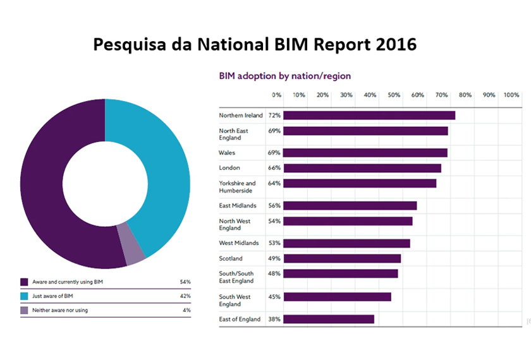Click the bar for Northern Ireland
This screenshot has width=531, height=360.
pos(369,116)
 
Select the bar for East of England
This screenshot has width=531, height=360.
pos(329,319)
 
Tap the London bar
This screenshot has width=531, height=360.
pos(362,168)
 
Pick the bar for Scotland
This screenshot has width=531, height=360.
pos(342,258)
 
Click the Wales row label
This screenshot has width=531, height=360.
pos(228,153)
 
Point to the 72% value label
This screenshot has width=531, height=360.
pos(274,116)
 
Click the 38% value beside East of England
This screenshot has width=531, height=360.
pos(274,319)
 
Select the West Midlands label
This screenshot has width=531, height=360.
pos(239,243)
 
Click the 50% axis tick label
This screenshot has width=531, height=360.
pos(394,95)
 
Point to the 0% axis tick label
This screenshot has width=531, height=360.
pos(277,95)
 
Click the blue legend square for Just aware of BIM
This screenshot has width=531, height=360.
pos(24,296)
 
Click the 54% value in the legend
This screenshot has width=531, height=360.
pos(185,282)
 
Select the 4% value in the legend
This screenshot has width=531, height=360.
pos(186,311)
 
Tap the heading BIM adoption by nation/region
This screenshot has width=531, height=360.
pos(284,76)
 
